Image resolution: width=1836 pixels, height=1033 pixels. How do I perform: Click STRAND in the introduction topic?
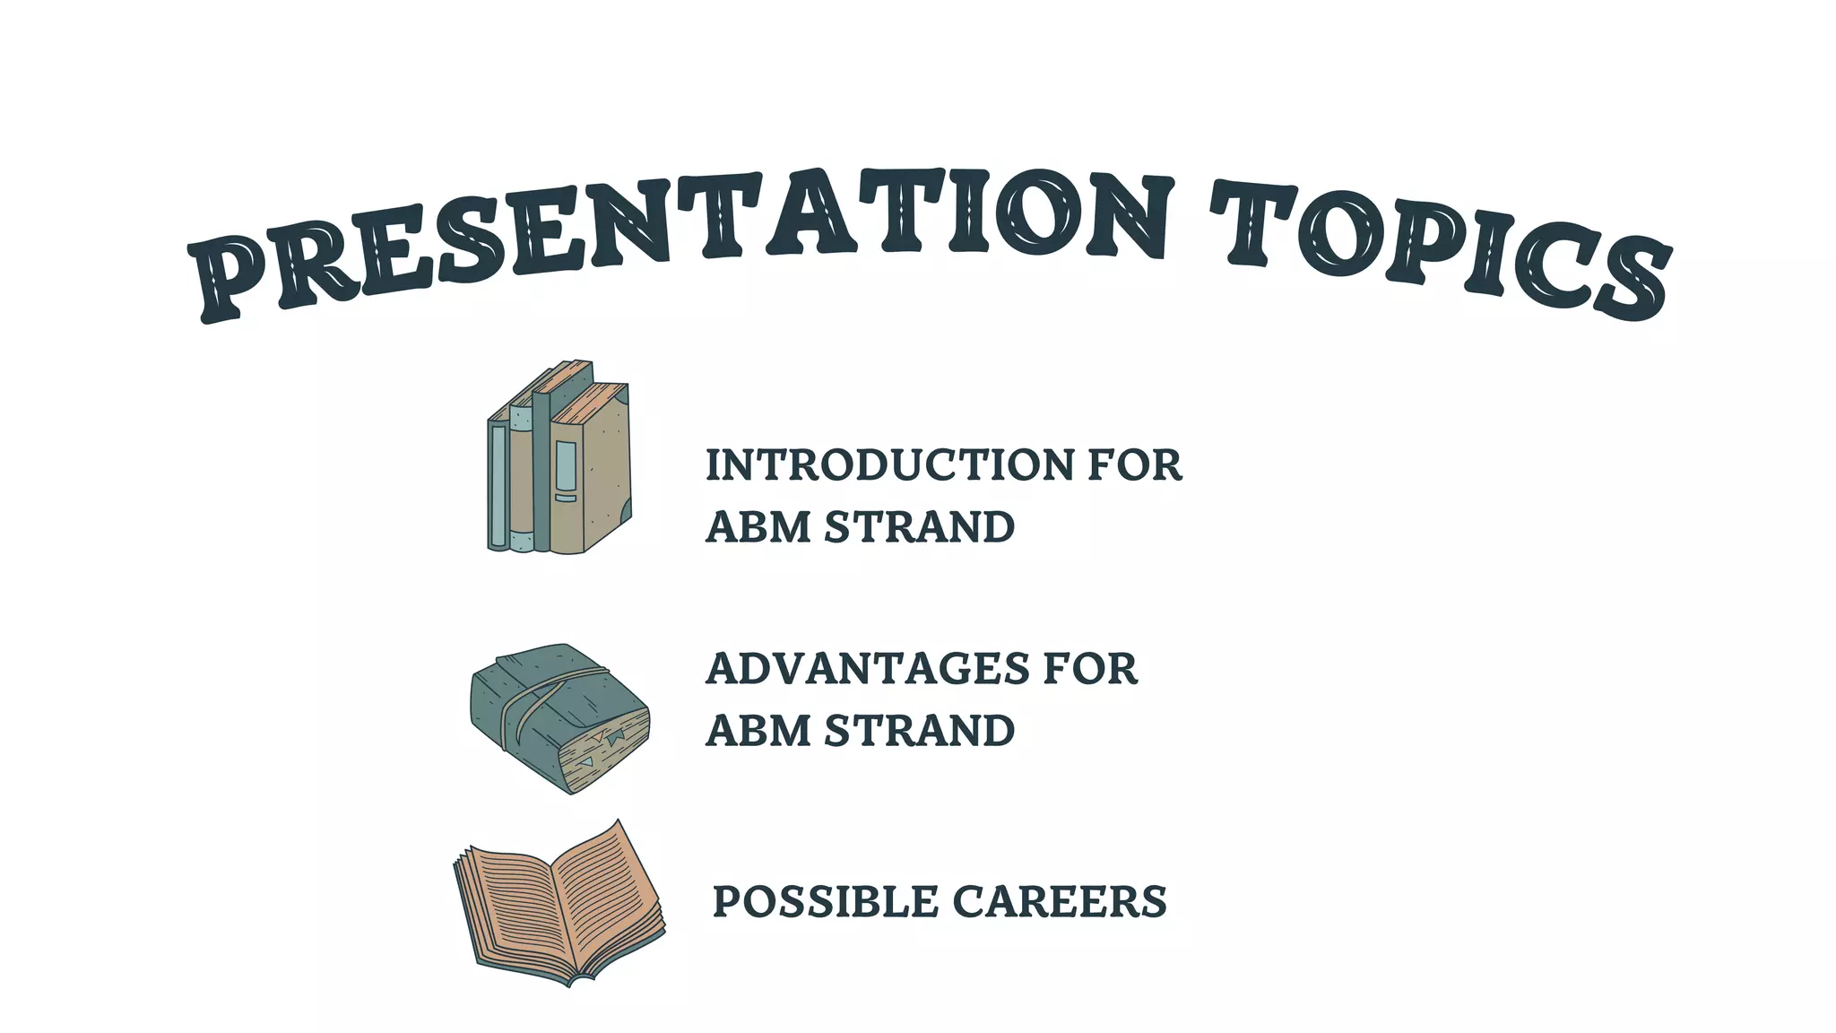pos(920,527)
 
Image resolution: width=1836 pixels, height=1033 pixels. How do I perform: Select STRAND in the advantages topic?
pos(920,731)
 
